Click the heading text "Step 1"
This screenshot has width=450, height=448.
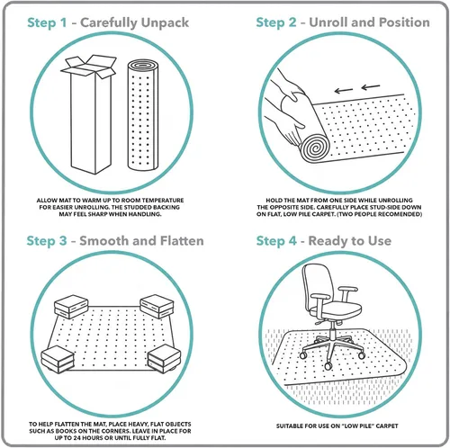point(47,23)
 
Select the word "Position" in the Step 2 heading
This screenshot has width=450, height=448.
point(404,22)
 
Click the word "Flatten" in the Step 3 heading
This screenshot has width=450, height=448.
point(182,241)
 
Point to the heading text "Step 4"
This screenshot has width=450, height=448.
point(276,241)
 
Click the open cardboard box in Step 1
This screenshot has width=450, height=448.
point(89,114)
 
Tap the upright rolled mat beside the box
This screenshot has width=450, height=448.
point(143,115)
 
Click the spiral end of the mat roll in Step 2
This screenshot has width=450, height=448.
point(315,148)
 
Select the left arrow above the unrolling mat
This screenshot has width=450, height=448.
point(344,90)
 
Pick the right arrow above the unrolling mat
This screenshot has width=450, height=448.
point(371,87)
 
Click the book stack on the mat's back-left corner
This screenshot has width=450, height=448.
point(71,307)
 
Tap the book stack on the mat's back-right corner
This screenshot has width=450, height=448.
point(157,307)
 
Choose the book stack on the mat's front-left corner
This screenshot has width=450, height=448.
point(58,359)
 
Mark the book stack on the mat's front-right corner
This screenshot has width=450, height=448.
point(164,358)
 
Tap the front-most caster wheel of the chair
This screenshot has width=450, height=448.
point(328,365)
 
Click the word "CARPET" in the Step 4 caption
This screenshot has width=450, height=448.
point(388,426)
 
